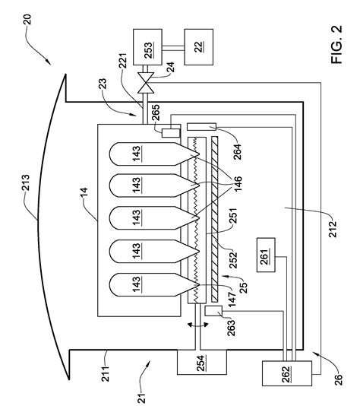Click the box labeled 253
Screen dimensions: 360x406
147,47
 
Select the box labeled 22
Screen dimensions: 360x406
199,47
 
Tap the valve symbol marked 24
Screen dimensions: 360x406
146,83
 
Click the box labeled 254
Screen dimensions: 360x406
202,362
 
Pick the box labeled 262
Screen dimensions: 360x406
287,373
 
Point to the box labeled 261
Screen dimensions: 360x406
266,255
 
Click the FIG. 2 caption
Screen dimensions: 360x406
336,44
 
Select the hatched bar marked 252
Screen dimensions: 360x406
215,219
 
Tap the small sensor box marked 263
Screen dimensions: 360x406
213,311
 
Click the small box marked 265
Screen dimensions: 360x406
171,133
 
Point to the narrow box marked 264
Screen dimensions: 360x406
201,127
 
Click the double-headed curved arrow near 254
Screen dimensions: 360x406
197,325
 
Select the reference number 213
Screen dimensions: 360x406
26,182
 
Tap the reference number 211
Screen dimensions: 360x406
105,373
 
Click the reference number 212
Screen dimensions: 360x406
333,229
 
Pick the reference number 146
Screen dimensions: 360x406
238,183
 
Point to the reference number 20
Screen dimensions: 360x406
27,20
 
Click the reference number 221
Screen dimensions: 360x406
123,61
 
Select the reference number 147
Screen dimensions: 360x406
232,299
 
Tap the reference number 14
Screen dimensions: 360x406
84,193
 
